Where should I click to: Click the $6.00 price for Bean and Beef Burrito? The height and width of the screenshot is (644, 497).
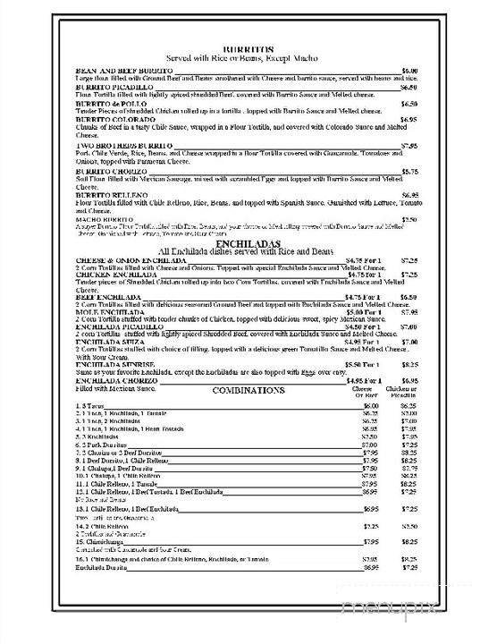(x=409, y=70)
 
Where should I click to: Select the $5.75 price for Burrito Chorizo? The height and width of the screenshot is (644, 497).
(x=409, y=172)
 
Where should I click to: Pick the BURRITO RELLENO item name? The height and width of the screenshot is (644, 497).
(x=112, y=194)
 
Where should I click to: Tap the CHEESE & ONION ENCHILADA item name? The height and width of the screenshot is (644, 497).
(x=132, y=260)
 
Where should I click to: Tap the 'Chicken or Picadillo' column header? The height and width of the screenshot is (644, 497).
(x=409, y=394)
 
